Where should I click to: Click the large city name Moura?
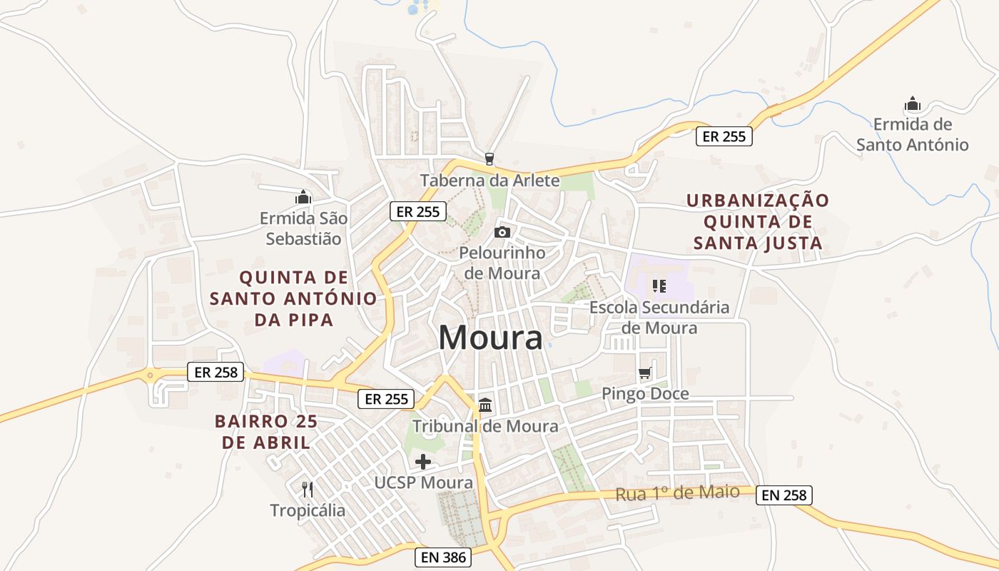[490, 337]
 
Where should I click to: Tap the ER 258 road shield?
[215, 372]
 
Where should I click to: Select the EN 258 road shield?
[784, 495]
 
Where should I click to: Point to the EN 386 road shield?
[443, 557]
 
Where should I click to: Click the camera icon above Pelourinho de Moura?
[502, 232]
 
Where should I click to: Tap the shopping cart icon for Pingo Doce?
[645, 373]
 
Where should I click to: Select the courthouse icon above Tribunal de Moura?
[485, 405]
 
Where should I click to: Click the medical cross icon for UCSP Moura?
[423, 462]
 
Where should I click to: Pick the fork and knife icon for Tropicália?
[308, 489]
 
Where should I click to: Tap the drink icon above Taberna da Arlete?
[489, 158]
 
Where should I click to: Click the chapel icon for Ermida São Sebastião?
[303, 197]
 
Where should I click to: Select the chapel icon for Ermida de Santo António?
[912, 104]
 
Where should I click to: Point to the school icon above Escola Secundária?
[659, 286]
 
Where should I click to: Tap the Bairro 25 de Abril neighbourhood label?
[266, 431]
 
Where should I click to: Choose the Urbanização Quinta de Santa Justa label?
[758, 221]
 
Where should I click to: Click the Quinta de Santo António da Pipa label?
[293, 298]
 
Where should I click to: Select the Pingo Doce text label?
[645, 393]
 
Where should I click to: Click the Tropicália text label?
[308, 510]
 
